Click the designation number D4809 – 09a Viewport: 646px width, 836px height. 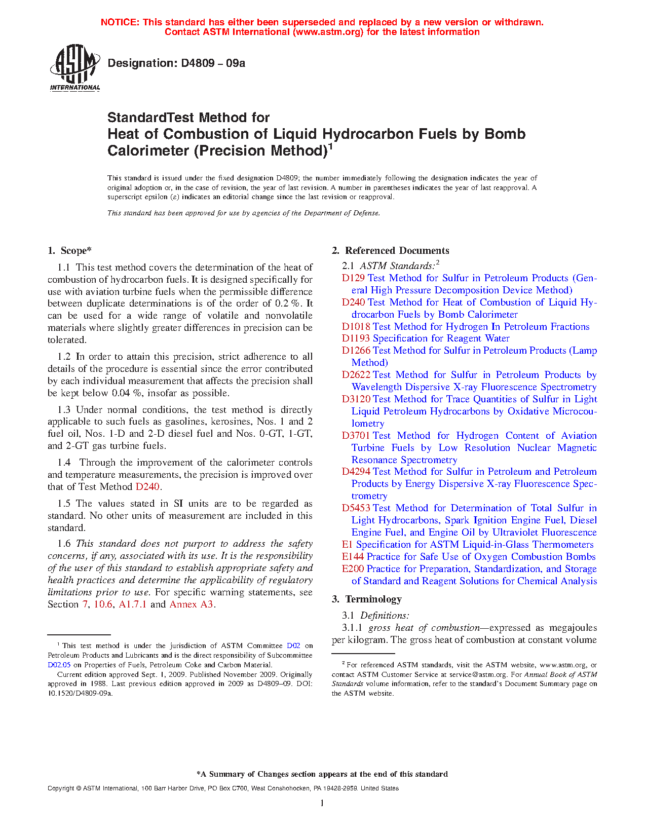point(176,63)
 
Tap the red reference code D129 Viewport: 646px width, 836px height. point(353,278)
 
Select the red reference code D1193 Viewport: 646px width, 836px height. point(356,338)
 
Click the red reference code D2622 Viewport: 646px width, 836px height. point(356,375)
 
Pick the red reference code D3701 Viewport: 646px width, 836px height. point(356,436)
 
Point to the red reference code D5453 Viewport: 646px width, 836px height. point(356,508)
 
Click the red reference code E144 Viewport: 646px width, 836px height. point(353,557)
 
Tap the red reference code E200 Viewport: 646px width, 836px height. point(353,569)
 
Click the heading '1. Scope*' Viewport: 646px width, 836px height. point(69,251)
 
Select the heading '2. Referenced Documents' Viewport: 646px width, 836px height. point(390,251)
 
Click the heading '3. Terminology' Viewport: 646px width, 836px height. point(367,599)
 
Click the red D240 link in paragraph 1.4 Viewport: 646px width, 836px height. point(147,487)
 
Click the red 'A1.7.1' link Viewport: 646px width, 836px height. point(132,604)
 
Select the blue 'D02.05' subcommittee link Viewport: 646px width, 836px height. point(59,665)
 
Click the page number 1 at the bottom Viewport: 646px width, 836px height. point(322,803)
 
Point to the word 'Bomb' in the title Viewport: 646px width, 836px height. point(505,134)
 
